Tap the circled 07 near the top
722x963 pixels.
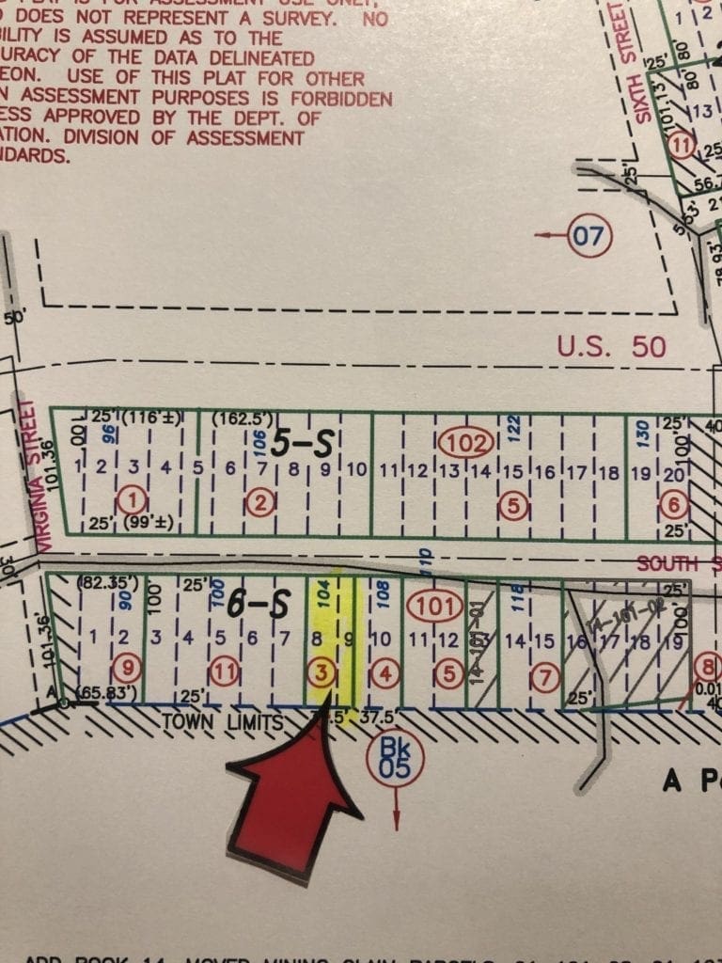590,234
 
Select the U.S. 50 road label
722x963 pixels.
611,346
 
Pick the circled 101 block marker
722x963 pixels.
433,607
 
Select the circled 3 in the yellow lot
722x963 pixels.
322,671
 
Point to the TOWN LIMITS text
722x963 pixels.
223,722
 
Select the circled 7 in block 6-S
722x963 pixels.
546,673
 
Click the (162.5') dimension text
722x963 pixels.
243,417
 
